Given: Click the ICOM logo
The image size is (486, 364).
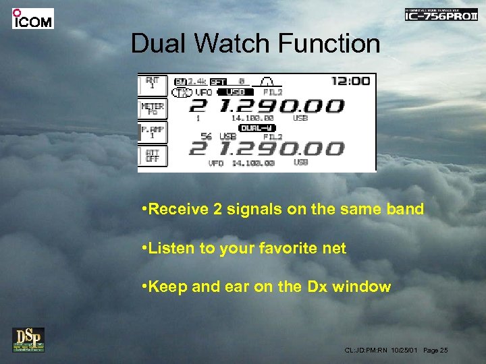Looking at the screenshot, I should [32, 18].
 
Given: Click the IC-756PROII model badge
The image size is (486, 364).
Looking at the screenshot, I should [440, 15].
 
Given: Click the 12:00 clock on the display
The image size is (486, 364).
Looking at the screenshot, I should [350, 81].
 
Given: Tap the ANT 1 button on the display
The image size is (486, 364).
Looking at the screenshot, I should [152, 84].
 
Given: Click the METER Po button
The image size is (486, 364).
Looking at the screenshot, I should [152, 109].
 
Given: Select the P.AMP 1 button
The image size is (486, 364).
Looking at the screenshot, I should [152, 131].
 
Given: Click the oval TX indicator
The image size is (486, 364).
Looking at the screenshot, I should [181, 92].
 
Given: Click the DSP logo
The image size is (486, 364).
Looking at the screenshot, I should [28, 340].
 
